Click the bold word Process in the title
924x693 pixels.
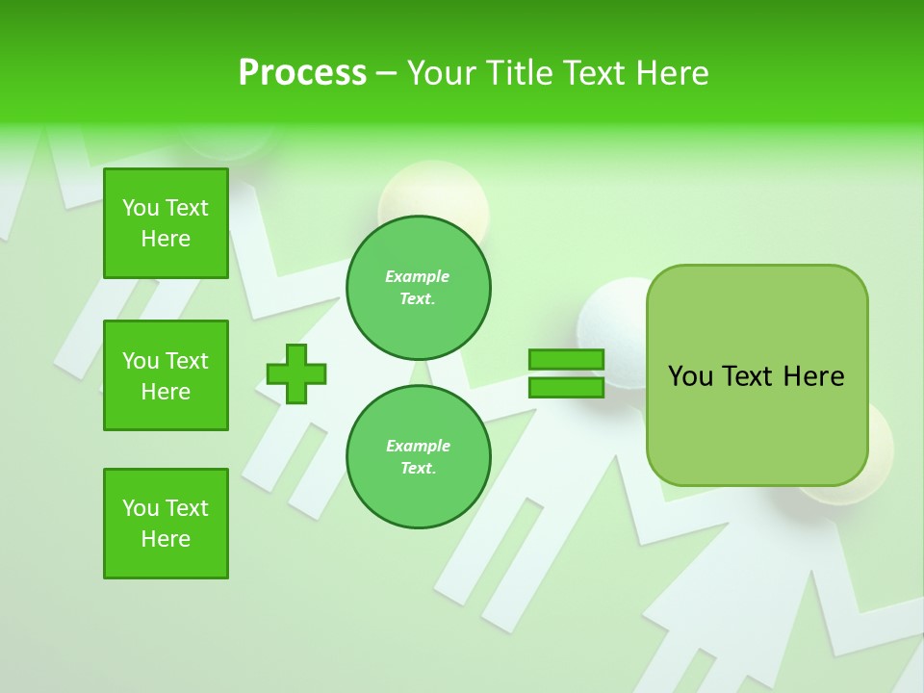click(x=302, y=73)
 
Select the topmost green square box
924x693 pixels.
click(x=166, y=223)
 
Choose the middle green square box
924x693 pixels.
click(x=166, y=375)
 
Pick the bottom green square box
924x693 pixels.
click(x=166, y=524)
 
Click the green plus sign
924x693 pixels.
click(x=296, y=373)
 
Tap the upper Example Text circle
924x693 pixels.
click(x=419, y=287)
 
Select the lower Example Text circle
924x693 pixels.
click(x=419, y=456)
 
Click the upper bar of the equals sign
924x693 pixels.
click(x=566, y=360)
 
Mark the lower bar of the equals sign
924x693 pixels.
click(x=566, y=387)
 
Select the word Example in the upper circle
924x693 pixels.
click(x=418, y=276)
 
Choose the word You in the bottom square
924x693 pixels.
click(x=140, y=508)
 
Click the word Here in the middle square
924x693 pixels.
click(x=166, y=392)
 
